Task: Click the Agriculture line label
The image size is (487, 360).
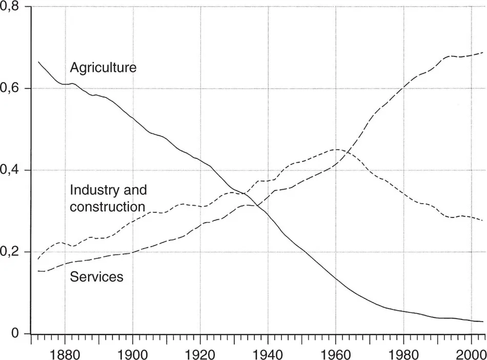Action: pyautogui.click(x=103, y=67)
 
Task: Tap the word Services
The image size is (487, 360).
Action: pyautogui.click(x=96, y=277)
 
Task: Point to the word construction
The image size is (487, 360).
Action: pyautogui.click(x=108, y=207)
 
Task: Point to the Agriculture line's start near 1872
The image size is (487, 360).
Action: pyautogui.click(x=38, y=62)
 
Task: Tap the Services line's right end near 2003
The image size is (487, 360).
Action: pyautogui.click(x=483, y=53)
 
